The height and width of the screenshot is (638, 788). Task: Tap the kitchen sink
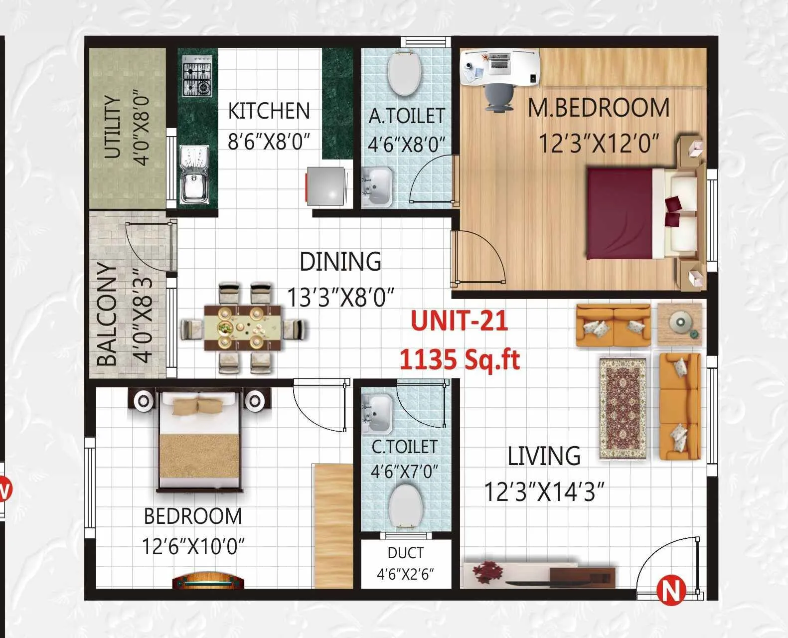tap(194, 174)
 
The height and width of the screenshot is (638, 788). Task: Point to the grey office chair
tap(499, 97)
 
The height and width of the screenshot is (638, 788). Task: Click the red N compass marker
tap(670, 590)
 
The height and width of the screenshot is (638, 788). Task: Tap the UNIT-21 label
tap(459, 320)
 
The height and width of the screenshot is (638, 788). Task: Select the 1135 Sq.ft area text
tap(460, 359)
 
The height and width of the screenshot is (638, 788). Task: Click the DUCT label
tap(405, 553)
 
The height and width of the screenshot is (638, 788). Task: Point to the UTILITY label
tap(113, 127)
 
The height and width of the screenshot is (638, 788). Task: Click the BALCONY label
tap(108, 314)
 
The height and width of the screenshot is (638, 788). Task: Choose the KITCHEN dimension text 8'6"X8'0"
tap(269, 142)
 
